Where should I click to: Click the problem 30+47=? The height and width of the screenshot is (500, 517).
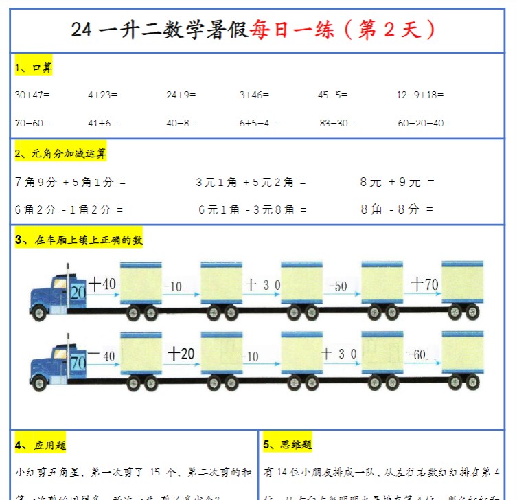click(x=32, y=95)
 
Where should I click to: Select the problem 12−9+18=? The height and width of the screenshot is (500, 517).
click(x=420, y=95)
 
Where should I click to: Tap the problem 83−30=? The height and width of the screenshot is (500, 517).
click(x=337, y=123)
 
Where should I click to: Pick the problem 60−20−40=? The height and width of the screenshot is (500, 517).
click(x=424, y=123)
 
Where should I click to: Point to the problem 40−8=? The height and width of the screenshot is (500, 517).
click(x=181, y=123)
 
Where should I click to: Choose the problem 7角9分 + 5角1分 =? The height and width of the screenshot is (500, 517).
click(x=70, y=182)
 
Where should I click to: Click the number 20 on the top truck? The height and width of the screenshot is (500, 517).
click(x=78, y=292)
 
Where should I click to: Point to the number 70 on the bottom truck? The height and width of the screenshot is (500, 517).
click(x=78, y=361)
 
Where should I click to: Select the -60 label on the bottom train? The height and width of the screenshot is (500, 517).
click(x=417, y=355)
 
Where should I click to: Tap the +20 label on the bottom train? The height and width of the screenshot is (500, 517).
click(x=181, y=354)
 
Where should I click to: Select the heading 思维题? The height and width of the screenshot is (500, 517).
click(x=287, y=445)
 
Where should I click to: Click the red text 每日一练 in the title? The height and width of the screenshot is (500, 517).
click(x=292, y=30)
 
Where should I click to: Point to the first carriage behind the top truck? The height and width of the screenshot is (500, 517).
click(x=141, y=284)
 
